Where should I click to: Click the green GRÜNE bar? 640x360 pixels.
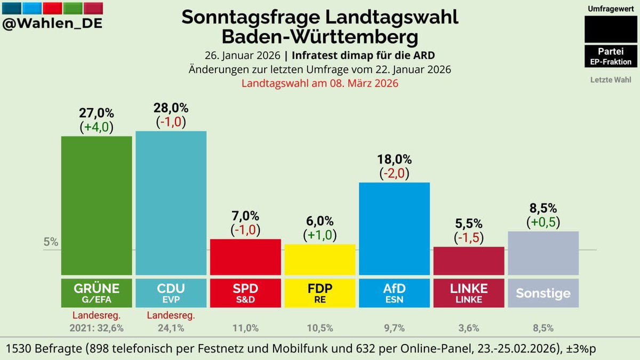(97, 205)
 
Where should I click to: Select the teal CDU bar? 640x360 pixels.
(171, 203)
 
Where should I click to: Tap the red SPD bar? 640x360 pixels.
(245, 257)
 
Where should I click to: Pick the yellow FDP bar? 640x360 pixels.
(320, 259)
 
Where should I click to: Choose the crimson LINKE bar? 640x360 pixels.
(469, 261)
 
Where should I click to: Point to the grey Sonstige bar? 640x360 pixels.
(543, 253)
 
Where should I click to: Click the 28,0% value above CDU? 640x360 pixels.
(171, 108)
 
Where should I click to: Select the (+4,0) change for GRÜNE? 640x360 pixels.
(97, 127)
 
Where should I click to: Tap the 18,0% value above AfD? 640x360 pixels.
(395, 159)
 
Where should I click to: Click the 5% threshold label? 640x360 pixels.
(51, 242)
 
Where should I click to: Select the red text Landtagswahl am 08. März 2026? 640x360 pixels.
(320, 83)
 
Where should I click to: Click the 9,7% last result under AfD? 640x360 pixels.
(395, 327)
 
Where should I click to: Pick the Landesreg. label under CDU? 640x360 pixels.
(171, 316)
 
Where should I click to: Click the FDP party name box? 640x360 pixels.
(320, 293)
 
